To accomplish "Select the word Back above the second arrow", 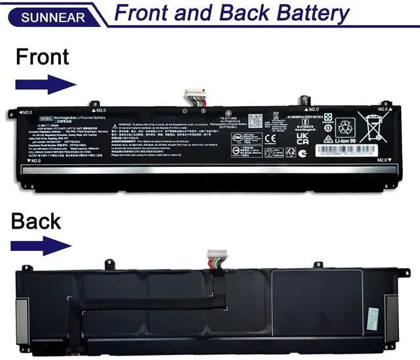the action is [x=35, y=221].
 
